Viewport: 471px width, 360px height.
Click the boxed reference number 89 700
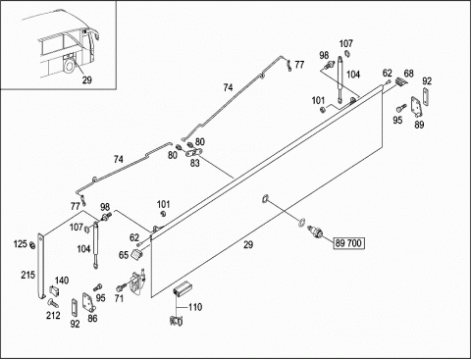[x=348, y=243]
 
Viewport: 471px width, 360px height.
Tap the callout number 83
[x=195, y=163]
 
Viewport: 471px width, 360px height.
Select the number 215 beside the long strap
[x=27, y=275]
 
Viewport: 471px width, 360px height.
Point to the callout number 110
[x=195, y=307]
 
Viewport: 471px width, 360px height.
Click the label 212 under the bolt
[x=53, y=315]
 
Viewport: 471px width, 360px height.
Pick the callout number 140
[x=62, y=281]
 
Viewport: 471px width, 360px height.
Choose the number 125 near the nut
[x=21, y=244]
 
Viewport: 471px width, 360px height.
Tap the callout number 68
[x=408, y=74]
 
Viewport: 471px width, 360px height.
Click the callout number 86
[x=92, y=318]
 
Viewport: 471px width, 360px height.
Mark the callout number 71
[x=119, y=298]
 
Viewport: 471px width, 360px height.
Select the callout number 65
[x=124, y=255]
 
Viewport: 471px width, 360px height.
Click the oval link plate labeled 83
[x=194, y=152]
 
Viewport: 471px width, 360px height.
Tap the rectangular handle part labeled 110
[x=183, y=288]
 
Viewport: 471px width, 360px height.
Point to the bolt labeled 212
[x=52, y=303]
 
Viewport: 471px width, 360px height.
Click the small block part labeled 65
[x=136, y=254]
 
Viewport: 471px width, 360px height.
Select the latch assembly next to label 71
[x=137, y=282]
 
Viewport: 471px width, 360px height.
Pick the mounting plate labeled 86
[x=88, y=302]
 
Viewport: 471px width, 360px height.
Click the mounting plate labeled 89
[x=417, y=107]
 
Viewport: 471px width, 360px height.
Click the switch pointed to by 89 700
[x=316, y=231]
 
